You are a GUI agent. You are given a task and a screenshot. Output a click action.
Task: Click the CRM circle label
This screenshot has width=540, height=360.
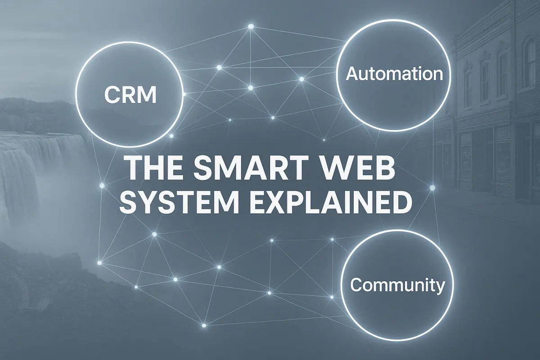130,95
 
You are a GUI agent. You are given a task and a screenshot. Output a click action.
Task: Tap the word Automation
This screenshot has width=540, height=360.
394,74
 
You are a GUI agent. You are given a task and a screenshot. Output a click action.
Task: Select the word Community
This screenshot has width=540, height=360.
397,285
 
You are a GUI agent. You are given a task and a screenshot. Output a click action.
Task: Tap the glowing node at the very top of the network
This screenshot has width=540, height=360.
251,27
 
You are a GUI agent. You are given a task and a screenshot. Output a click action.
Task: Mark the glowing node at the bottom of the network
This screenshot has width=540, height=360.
204,325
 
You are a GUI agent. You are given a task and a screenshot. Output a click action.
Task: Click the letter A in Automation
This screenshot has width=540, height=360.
351,74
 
